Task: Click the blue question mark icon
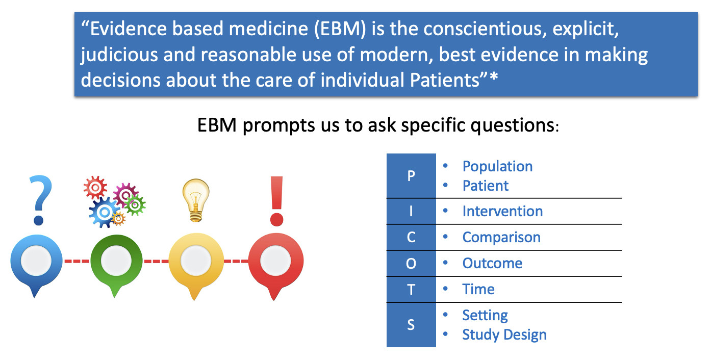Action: (41, 200)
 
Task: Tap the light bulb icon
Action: (196, 200)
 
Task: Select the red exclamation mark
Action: (276, 201)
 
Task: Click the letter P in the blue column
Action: (411, 176)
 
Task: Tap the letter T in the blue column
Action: (411, 290)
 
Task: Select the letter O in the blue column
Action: (411, 264)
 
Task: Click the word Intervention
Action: (502, 211)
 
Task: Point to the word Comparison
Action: (501, 238)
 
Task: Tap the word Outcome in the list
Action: (492, 263)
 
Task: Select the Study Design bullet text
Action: (504, 335)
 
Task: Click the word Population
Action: (497, 166)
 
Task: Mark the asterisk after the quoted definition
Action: (494, 77)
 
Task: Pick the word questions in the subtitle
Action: (513, 125)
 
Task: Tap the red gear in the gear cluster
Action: (95, 188)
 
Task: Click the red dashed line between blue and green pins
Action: (77, 261)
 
